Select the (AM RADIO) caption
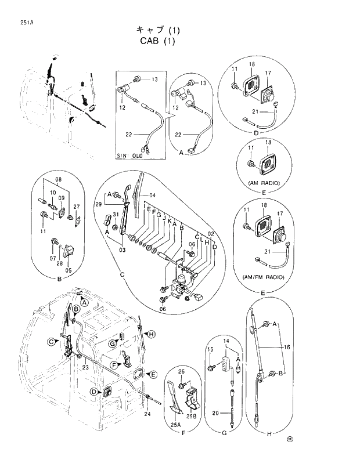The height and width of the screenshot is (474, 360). coord(264,183)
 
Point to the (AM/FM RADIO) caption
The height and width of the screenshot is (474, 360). coord(264,278)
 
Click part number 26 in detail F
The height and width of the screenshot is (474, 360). coord(181,372)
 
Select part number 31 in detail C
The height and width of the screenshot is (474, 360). coord(116,215)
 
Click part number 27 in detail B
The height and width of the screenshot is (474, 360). coord(76,206)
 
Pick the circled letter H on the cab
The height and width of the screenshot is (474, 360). coord(150,334)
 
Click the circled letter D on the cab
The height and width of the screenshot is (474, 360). coord(92,392)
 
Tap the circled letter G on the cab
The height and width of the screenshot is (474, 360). coord(109,344)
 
